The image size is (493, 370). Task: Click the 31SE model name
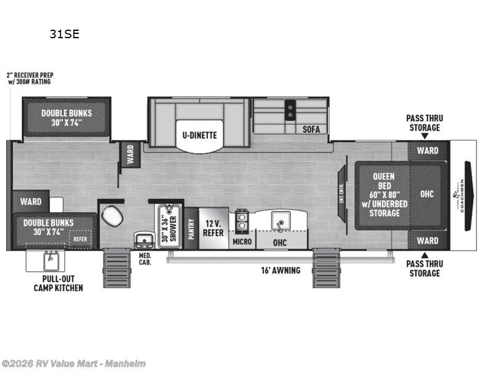65,35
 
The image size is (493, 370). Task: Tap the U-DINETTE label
199,135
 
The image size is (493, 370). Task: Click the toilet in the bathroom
112,216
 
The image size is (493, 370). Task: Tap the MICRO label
242,241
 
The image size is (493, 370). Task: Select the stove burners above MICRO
241,217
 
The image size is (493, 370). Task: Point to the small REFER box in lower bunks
80,237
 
